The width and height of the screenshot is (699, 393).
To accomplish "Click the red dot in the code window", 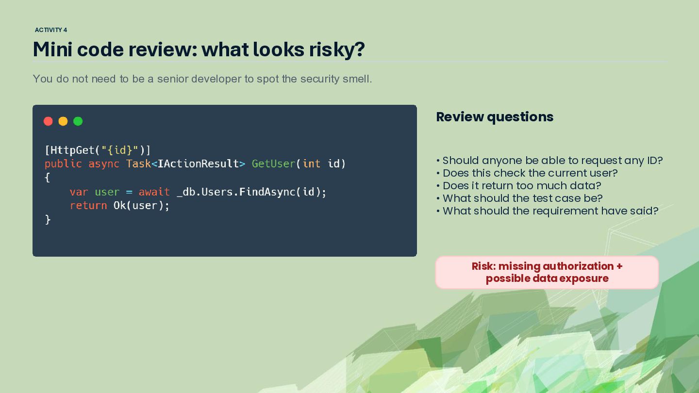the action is (x=48, y=121).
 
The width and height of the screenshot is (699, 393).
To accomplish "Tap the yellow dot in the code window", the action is (x=63, y=121).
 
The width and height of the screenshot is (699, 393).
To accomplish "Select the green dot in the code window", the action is (x=78, y=121).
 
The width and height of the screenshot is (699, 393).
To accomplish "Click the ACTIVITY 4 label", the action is (x=51, y=30).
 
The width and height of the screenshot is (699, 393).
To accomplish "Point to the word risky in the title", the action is (x=337, y=49).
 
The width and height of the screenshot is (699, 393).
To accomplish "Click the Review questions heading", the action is (x=495, y=117).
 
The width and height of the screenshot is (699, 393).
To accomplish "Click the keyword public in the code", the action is (x=63, y=164).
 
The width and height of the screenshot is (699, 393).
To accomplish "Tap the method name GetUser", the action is (x=273, y=164).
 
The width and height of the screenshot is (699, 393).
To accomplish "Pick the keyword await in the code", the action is (x=154, y=192).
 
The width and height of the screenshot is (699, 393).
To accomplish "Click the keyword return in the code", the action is (x=88, y=206).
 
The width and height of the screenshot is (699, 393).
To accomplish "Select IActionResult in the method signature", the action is (x=198, y=164).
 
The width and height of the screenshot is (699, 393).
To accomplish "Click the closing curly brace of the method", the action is (x=48, y=220).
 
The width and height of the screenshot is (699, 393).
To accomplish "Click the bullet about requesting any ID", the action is (x=549, y=161).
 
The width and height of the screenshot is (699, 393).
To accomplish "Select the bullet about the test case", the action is (x=519, y=198).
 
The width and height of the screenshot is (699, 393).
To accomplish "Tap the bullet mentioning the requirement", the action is (x=547, y=211).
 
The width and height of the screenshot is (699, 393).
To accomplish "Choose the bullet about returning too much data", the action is (x=518, y=186).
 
